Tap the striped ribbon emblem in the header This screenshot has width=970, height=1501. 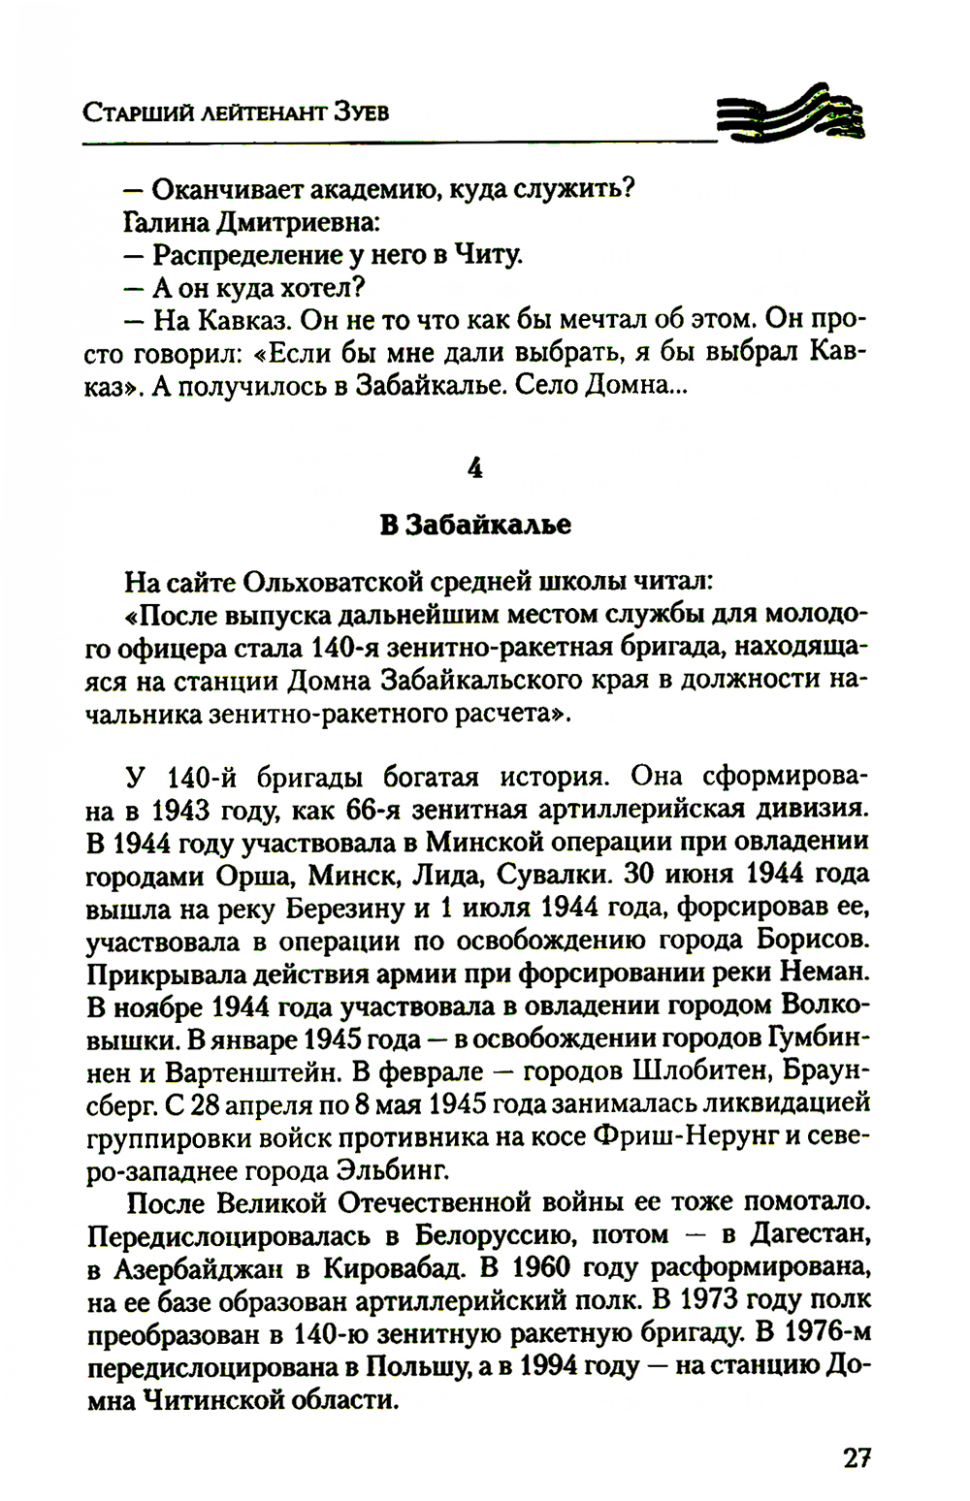pos(791,114)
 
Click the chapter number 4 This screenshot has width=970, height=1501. pos(474,468)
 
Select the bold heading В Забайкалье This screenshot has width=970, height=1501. pos(474,525)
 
